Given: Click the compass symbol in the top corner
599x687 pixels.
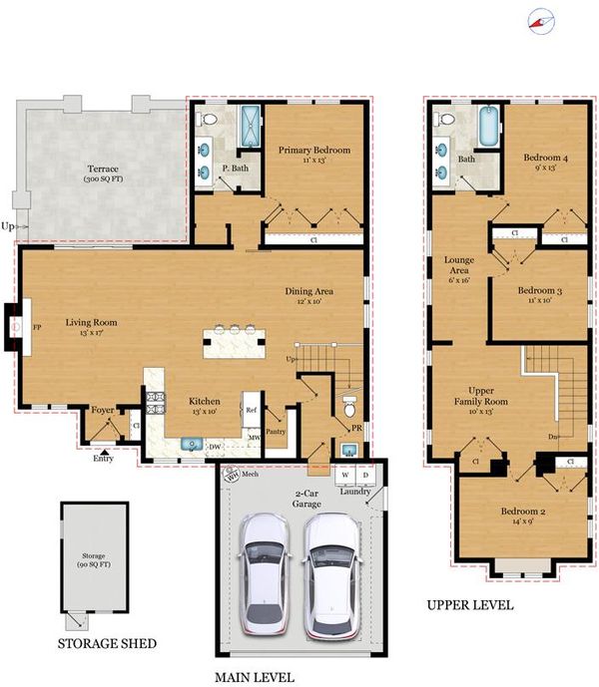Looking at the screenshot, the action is pyautogui.click(x=541, y=22).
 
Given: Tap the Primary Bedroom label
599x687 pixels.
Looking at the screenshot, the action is pyautogui.click(x=314, y=150).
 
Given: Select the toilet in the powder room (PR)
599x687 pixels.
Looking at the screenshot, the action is pyautogui.click(x=349, y=407).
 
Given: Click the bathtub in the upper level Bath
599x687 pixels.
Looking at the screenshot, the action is pyautogui.click(x=488, y=126).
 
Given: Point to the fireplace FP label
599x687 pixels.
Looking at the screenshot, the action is pyautogui.click(x=37, y=327).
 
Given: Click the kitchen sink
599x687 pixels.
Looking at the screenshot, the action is pyautogui.click(x=192, y=444).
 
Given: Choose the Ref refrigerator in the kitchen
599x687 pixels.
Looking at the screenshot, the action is pyautogui.click(x=252, y=410).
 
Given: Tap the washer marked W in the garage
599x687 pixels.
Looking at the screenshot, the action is pyautogui.click(x=345, y=475).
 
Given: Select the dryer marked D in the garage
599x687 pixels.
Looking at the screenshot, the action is pyautogui.click(x=365, y=475).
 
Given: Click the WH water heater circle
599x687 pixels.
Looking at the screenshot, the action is pyautogui.click(x=232, y=475).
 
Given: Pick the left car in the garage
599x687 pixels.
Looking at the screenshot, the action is pyautogui.click(x=265, y=574).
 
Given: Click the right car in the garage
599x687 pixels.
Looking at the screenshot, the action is pyautogui.click(x=332, y=575).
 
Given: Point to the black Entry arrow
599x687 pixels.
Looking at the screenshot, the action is pyautogui.click(x=104, y=452).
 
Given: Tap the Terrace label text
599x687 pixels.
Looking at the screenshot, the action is pyautogui.click(x=103, y=169).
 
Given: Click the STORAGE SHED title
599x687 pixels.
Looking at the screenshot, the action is pyautogui.click(x=107, y=643).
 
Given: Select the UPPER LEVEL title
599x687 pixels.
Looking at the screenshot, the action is pyautogui.click(x=470, y=605).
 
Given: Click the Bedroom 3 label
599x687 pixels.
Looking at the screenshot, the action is pyautogui.click(x=540, y=290).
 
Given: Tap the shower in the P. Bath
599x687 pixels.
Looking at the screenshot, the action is pyautogui.click(x=251, y=127).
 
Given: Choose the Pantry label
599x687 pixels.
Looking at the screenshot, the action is pyautogui.click(x=276, y=432).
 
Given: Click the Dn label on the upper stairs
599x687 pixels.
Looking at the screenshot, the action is pyautogui.click(x=552, y=437).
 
